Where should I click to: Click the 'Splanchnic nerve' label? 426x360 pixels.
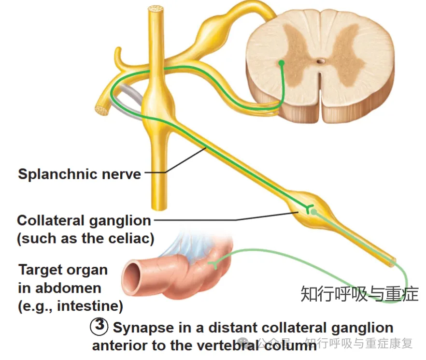[79, 173]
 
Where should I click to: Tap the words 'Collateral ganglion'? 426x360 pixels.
[84, 221]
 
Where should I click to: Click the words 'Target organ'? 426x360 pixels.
[63, 270]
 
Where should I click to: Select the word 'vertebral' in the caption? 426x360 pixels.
[256, 346]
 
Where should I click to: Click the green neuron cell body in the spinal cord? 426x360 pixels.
[282, 63]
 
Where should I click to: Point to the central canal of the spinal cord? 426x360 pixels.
[320, 62]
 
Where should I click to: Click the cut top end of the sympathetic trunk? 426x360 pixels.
[156, 9]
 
